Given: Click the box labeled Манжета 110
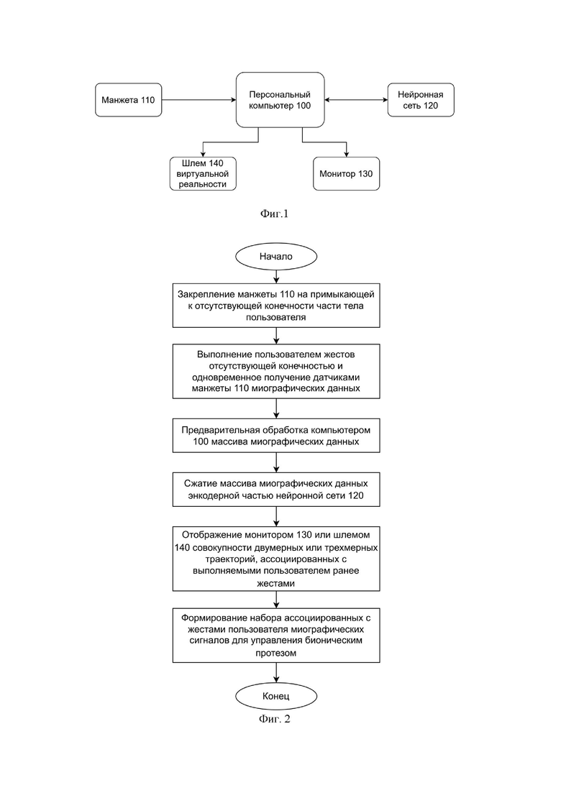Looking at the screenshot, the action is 129,100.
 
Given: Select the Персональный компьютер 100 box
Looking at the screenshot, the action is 280,100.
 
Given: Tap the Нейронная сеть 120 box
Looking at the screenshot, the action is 421,100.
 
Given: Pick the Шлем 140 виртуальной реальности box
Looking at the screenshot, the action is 203,173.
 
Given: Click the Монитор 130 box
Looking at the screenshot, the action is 347,173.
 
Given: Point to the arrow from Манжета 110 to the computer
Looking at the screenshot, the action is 199,100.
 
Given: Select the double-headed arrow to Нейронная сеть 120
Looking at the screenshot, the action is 356,100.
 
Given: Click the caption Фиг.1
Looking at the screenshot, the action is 274,214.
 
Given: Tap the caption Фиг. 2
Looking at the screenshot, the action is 275,719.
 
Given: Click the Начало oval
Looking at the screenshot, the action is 276,257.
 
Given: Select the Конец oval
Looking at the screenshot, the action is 276,697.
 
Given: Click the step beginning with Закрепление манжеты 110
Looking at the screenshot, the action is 276,306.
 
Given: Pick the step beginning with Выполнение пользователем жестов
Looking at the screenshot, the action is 276,371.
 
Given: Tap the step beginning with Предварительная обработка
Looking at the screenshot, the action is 276,436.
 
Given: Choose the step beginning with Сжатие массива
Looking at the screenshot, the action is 276,490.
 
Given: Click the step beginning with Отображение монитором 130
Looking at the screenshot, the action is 276,559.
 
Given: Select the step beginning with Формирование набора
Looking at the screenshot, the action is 276,636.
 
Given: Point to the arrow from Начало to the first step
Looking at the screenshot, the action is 276,277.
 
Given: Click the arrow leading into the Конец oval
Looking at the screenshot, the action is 276,673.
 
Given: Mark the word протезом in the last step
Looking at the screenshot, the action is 275,653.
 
